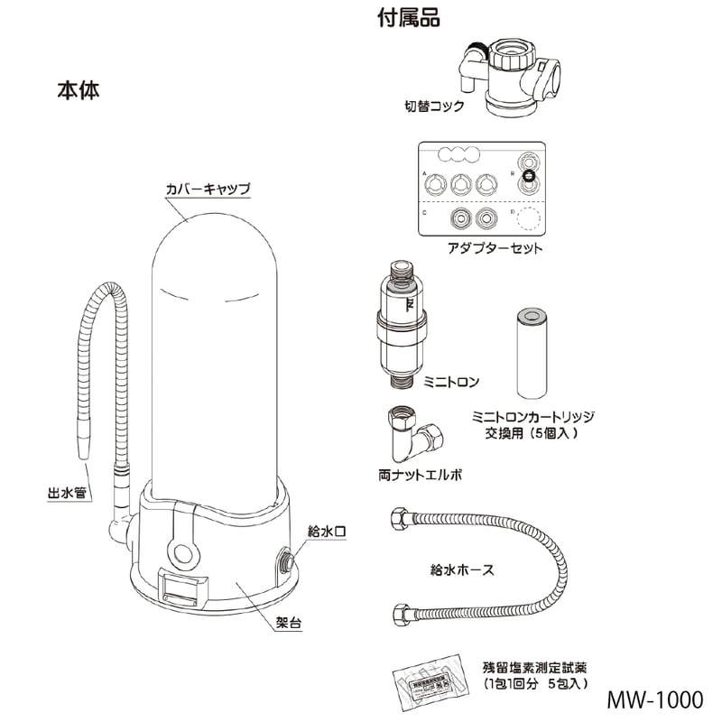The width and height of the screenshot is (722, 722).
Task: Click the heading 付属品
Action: tap(409, 18)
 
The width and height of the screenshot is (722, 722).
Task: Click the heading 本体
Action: tap(78, 90)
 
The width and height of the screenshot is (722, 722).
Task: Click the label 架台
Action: tap(288, 624)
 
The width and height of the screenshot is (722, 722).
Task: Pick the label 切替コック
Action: tap(434, 106)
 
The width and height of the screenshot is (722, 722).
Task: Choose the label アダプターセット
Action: tap(495, 247)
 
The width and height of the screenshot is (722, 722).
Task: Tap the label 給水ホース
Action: tap(462, 569)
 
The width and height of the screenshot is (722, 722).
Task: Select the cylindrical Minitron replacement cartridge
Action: tap(532, 353)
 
